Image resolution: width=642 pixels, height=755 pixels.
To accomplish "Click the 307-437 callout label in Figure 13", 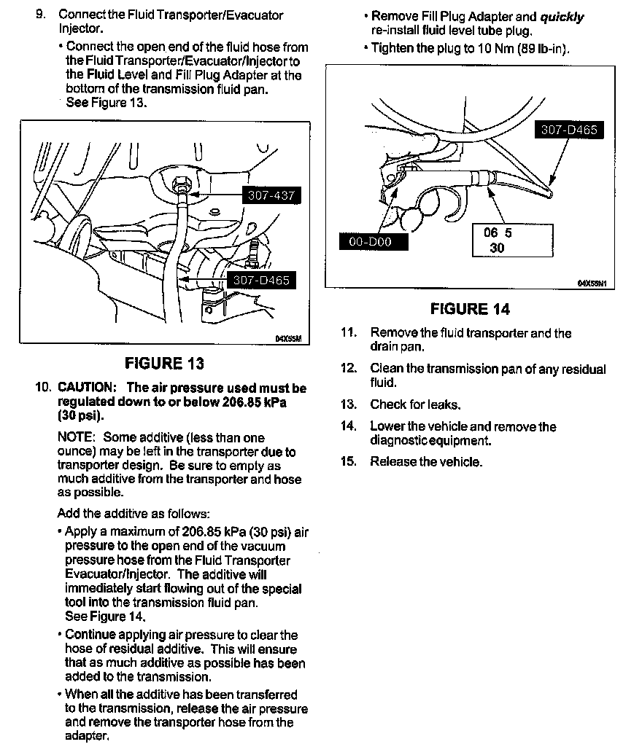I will click(270, 196).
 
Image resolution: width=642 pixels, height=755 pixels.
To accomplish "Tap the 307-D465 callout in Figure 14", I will click(569, 130).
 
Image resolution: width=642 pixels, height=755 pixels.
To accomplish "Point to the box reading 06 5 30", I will click(511, 240).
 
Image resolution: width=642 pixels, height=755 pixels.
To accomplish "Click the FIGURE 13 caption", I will click(164, 363).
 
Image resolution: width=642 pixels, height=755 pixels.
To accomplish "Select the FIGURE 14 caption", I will click(470, 309).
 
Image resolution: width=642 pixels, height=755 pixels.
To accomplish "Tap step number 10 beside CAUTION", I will click(42, 388).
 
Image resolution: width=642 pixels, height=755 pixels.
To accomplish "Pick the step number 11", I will click(349, 333).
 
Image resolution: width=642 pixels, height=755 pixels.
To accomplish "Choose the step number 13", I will click(349, 404).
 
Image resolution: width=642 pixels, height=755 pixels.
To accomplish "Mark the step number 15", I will click(349, 461).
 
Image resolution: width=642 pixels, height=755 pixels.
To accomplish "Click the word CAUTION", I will click(86, 388).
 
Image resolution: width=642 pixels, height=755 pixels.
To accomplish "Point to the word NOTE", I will click(76, 437).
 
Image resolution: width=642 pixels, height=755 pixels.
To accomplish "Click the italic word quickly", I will click(562, 17).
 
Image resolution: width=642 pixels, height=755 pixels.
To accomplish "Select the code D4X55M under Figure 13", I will click(288, 338).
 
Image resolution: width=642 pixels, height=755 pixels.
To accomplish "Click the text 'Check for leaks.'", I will click(416, 404).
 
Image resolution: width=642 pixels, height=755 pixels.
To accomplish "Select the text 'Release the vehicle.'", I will click(426, 461).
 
